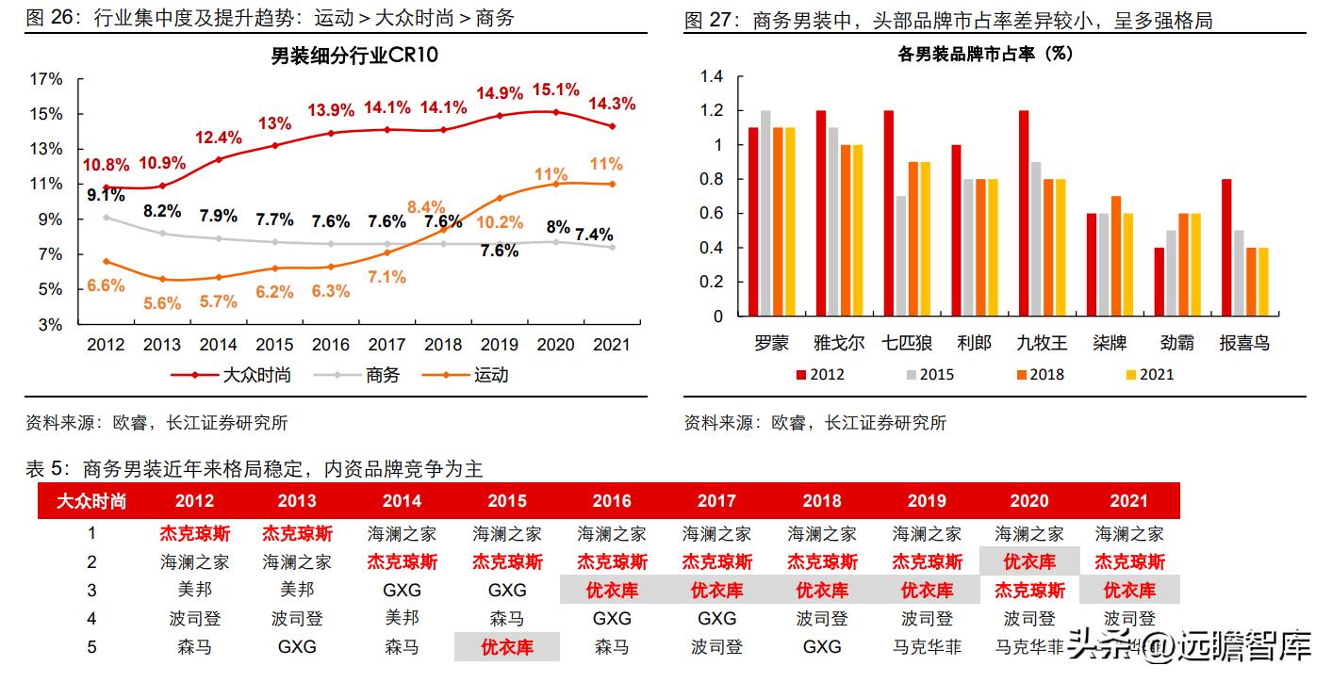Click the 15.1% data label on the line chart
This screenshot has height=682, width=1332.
(x=556, y=89)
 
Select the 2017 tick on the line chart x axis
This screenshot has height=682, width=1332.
(x=386, y=345)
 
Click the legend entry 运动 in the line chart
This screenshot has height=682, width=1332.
(x=490, y=375)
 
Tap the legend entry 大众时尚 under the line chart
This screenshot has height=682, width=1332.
(x=256, y=375)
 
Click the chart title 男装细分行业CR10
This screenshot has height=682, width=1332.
(x=354, y=56)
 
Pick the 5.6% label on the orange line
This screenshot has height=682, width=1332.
(x=161, y=303)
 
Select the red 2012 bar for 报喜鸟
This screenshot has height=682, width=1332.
(x=1225, y=248)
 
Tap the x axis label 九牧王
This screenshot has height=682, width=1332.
(x=1041, y=343)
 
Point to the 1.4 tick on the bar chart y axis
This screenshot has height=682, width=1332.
(x=712, y=76)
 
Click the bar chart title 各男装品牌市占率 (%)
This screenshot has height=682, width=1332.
(x=986, y=55)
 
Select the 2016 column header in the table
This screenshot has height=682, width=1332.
(x=612, y=500)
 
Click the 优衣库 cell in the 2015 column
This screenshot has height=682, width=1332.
(x=507, y=647)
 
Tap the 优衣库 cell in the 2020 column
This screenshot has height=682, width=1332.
(x=1029, y=562)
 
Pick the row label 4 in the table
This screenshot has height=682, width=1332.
(x=91, y=619)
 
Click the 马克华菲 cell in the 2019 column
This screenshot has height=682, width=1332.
(x=928, y=647)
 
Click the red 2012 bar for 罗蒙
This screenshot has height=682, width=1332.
(x=753, y=222)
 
